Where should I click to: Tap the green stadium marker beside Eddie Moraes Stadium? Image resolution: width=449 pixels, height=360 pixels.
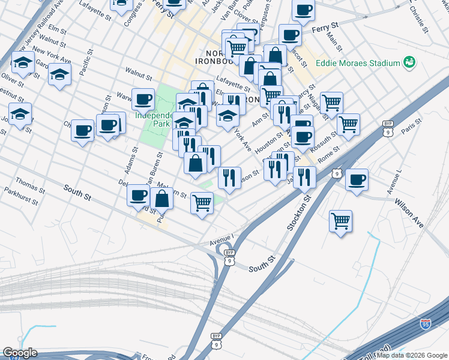(410, 62)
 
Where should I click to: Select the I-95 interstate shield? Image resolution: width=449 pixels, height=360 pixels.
(425, 324)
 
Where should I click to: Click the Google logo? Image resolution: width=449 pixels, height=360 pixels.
(20, 353)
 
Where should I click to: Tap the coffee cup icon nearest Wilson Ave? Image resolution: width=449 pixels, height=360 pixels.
(357, 179)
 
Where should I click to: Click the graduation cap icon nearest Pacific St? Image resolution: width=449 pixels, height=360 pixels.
(59, 74)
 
